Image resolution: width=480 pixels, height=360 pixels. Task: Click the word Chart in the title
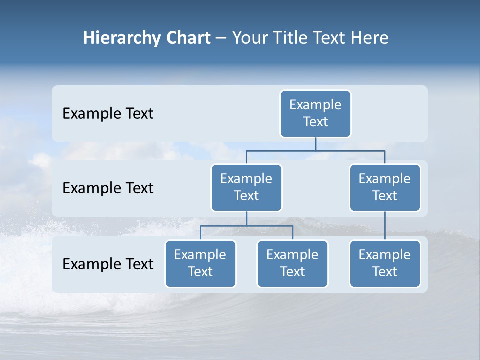187,38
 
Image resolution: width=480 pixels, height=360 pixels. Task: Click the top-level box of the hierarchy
315,114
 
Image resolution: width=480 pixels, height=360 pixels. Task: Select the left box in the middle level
246,188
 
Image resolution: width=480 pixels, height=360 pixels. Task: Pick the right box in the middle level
385,188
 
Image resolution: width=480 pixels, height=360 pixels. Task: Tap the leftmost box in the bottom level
200,264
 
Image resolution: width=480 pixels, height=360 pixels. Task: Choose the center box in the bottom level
292,264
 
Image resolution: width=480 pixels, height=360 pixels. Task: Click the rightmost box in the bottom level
385,264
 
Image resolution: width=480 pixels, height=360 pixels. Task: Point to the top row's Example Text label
108,114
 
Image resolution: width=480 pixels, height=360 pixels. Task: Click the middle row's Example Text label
108,188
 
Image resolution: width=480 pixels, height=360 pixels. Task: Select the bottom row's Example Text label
108,264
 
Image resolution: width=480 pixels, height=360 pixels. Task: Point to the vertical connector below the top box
315,144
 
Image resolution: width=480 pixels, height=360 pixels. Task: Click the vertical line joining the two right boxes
385,226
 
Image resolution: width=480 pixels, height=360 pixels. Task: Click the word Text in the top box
315,122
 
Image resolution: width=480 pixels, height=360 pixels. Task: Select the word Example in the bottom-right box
385,255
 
